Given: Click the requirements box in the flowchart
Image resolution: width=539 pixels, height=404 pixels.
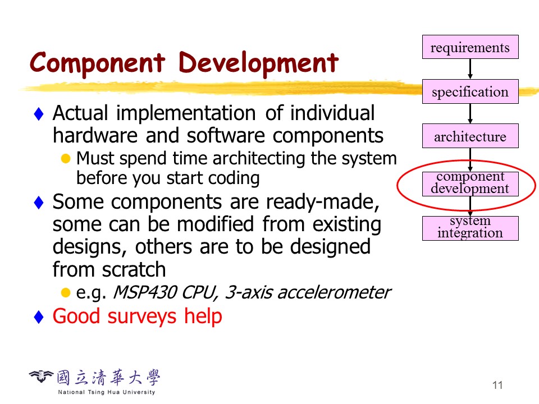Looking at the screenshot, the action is pos(471,47).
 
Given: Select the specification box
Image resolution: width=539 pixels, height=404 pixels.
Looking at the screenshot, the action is pos(471,91).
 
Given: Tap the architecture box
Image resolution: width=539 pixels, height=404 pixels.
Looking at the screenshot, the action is pos(471,136).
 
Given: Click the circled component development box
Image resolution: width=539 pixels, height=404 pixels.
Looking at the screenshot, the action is pos(471,184).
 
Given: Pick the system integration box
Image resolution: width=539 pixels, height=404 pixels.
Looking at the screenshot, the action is pos(471,228).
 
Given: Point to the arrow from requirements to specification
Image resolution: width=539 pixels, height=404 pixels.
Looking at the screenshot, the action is pos(471,69).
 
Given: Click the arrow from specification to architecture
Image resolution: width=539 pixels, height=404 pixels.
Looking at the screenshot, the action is pos(471,114).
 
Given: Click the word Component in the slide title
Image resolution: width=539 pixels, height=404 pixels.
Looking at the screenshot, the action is pos(98,63).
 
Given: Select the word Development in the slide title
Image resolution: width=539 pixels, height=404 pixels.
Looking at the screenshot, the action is pos(258,63).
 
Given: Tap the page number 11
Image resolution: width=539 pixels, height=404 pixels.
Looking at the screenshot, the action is pos(497,385).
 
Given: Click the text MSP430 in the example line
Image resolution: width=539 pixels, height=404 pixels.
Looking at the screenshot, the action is pos(145,293).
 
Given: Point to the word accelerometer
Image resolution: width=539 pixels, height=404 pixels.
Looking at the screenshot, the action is pos(334,293).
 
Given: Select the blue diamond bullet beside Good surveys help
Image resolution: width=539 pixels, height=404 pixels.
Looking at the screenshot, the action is pos(39,316).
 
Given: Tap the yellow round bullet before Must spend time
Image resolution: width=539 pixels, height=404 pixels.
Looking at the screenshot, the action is pos(66,159).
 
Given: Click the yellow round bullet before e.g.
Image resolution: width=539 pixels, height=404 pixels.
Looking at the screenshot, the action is pos(66,293).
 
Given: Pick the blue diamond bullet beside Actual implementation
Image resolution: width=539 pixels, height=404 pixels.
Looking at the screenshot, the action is pos(39,114).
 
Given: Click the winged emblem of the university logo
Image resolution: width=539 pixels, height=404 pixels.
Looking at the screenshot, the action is pos(41,376).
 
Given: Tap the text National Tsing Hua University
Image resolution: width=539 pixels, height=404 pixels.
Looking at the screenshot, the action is pos(107,392).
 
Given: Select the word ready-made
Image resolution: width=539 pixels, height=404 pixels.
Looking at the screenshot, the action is pos(322,203).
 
